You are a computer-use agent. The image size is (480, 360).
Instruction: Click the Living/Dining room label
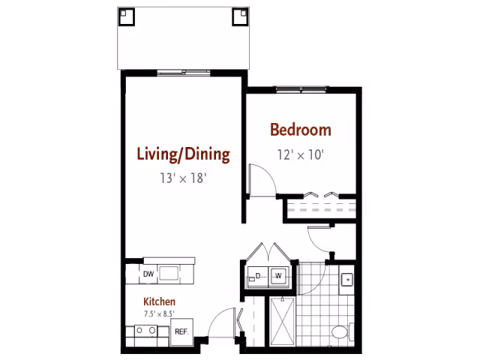(x=183, y=154)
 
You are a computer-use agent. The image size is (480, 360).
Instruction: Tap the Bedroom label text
(x=301, y=130)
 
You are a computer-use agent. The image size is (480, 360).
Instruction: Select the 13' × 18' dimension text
(x=183, y=178)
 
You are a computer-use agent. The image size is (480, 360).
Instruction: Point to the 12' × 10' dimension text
(x=301, y=155)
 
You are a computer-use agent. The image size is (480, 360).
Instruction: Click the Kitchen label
(x=159, y=301)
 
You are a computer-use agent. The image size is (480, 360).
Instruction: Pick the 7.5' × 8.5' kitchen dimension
(x=159, y=313)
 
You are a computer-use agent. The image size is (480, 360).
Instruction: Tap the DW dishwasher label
(x=148, y=274)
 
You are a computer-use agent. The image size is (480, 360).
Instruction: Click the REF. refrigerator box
(x=181, y=331)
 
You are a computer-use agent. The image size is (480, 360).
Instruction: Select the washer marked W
(x=278, y=276)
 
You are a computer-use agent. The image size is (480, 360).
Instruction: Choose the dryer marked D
(x=258, y=277)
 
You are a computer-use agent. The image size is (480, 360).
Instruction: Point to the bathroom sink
(x=347, y=280)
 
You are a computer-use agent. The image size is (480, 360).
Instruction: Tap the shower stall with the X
(x=283, y=322)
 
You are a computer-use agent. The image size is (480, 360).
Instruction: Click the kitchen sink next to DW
(x=169, y=273)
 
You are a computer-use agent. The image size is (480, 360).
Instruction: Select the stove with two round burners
(x=145, y=331)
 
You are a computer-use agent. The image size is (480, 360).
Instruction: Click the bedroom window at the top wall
(x=301, y=89)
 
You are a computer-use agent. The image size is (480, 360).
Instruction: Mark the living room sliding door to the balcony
(x=184, y=73)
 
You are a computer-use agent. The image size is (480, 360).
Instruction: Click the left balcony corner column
(x=127, y=16)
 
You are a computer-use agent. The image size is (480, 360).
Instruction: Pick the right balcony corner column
(x=240, y=16)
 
